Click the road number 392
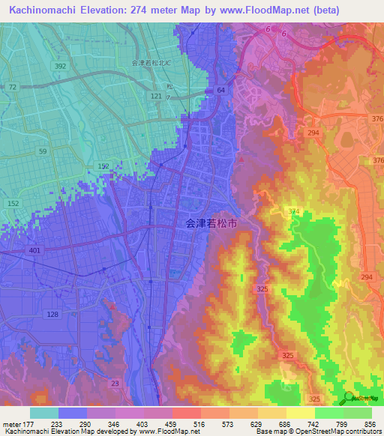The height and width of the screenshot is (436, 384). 60,67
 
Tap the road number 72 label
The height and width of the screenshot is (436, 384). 12,88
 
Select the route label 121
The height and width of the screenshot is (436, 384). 156,97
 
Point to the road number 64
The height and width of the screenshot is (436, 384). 221,91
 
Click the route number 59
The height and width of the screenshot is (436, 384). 43,152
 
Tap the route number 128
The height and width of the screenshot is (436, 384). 52,314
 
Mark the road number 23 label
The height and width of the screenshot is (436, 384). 114,384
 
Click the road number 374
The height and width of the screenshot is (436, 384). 293,212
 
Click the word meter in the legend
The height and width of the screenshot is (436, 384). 11,423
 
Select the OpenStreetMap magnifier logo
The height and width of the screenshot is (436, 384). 348,399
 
